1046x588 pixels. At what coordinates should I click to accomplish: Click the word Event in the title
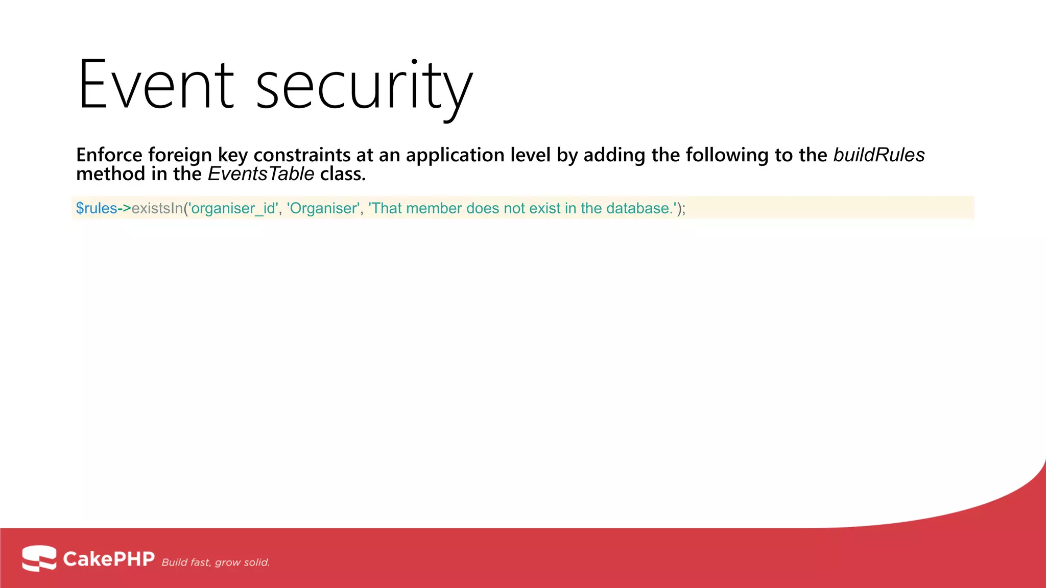click(x=156, y=85)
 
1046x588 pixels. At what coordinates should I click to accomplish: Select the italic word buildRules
click(x=878, y=155)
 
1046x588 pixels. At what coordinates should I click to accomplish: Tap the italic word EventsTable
click(x=260, y=175)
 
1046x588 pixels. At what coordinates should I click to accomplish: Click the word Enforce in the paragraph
click(x=109, y=155)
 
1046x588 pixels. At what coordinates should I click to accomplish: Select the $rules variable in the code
click(x=97, y=208)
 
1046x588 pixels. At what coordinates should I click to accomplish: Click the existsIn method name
click(x=157, y=208)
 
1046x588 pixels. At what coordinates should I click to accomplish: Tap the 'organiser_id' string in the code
click(x=233, y=208)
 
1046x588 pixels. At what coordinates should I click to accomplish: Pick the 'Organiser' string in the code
click(x=323, y=208)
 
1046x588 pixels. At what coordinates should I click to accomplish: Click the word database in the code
click(x=638, y=208)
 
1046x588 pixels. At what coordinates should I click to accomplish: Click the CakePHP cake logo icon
click(x=39, y=558)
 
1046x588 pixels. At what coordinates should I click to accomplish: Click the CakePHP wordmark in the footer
click(x=109, y=559)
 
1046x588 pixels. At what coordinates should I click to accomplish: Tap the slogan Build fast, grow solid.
click(x=216, y=562)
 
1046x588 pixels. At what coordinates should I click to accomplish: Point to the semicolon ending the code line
click(x=683, y=209)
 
